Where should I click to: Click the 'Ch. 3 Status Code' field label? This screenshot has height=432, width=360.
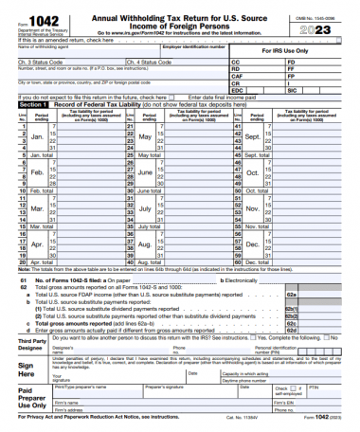click(38, 62)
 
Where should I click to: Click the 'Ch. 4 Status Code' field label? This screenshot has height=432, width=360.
click(149, 62)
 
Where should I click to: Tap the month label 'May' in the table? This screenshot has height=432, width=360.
click(145, 136)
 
